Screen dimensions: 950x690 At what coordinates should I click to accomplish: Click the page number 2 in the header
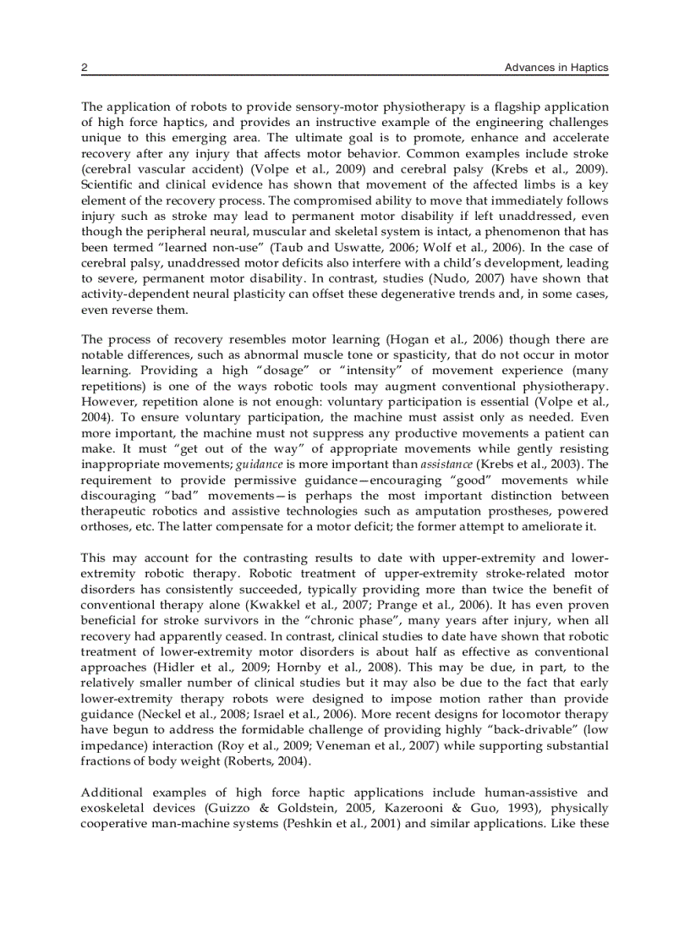84,68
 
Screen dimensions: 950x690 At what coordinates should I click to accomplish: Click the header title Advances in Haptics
556,68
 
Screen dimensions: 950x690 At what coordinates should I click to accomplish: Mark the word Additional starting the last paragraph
112,793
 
